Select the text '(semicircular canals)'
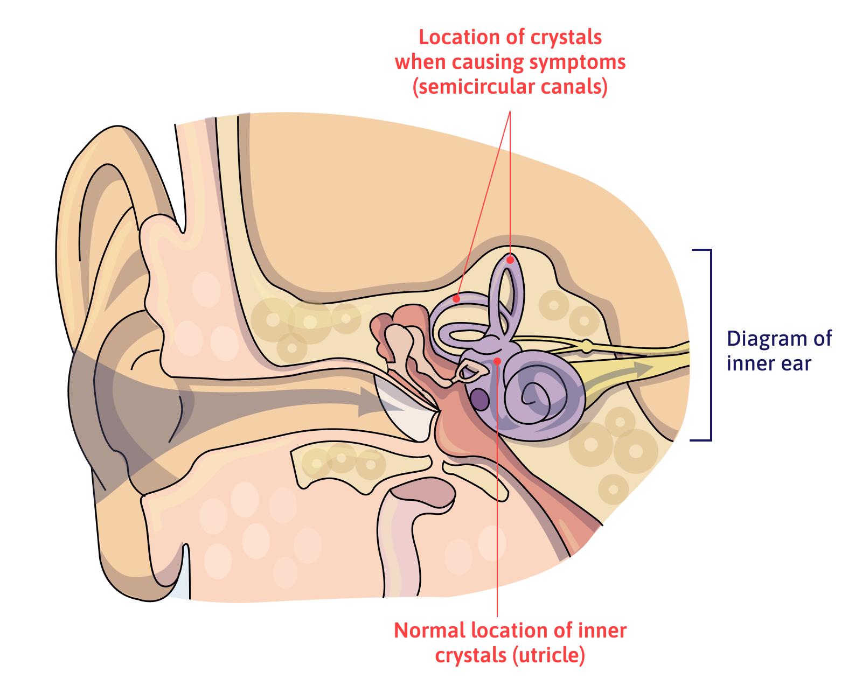pyautogui.click(x=510, y=87)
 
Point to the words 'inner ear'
pyautogui.click(x=768, y=363)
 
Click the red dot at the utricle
pyautogui.click(x=497, y=361)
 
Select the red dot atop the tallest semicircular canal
pyautogui.click(x=510, y=260)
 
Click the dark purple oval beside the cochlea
pyautogui.click(x=479, y=400)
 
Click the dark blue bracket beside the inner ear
pyautogui.click(x=710, y=345)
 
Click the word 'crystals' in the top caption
pyautogui.click(x=566, y=37)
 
